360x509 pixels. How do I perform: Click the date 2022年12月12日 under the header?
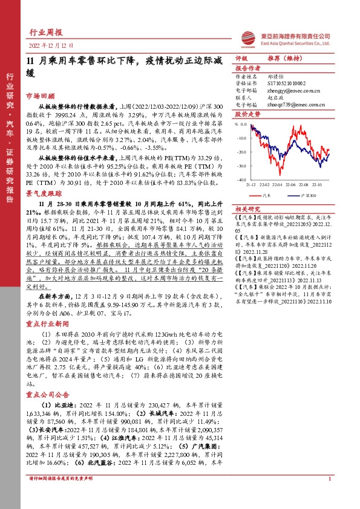[x=54, y=45]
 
